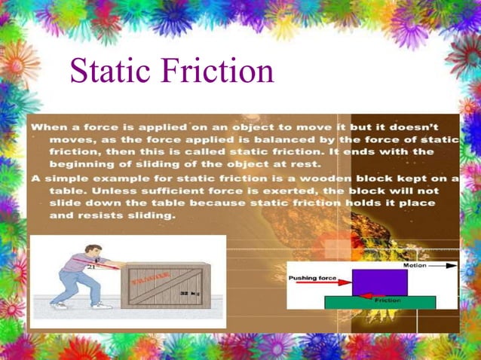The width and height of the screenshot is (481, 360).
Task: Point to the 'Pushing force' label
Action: pos(312,278)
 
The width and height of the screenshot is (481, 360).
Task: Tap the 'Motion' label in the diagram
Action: pos(414,265)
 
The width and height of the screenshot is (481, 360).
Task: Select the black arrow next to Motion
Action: pos(443,265)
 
